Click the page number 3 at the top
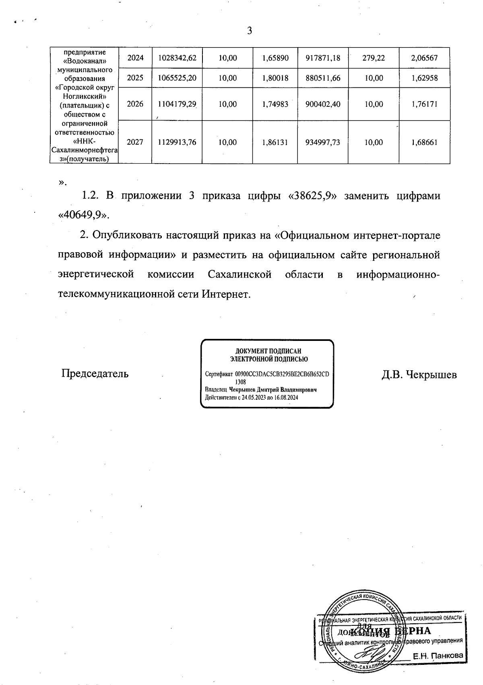click(x=250, y=31)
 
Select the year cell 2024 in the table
click(x=135, y=58)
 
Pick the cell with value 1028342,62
click(x=178, y=58)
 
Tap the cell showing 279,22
click(x=374, y=58)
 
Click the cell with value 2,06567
click(x=424, y=58)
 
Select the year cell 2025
click(x=135, y=78)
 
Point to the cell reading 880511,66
click(x=323, y=78)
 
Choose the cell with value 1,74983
click(x=275, y=104)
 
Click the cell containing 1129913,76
click(x=178, y=142)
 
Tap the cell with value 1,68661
click(x=424, y=142)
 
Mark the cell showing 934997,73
click(x=323, y=142)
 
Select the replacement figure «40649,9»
click(x=84, y=216)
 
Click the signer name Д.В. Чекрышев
click(x=419, y=375)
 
